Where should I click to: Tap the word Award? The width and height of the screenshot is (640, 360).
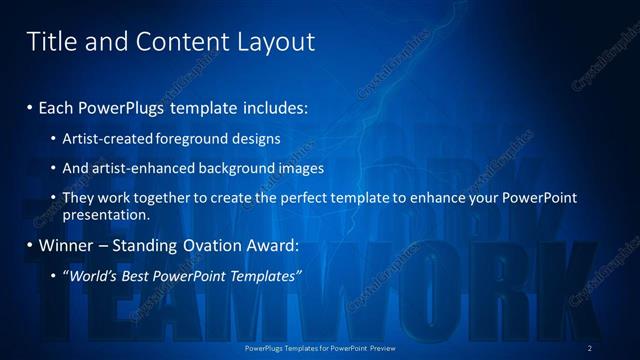tap(275, 245)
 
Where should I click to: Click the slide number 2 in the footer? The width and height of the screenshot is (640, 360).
tap(590, 347)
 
